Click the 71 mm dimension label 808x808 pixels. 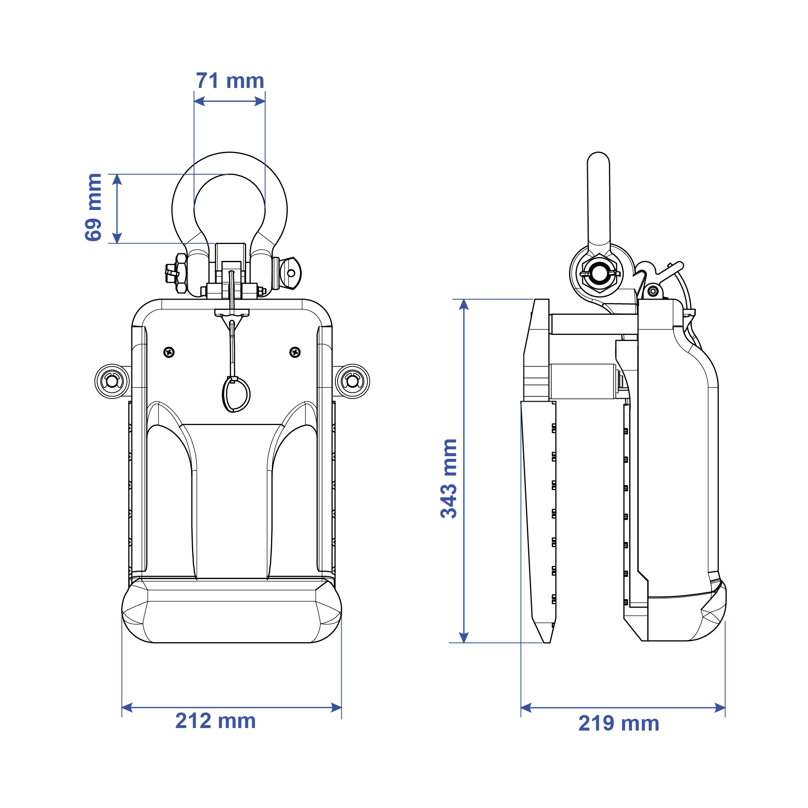[x=230, y=81]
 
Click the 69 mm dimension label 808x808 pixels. [x=93, y=207]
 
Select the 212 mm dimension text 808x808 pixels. [x=215, y=720]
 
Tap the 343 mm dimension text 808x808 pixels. [x=449, y=478]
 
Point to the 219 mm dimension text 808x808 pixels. [x=619, y=723]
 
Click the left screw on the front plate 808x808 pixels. [x=169, y=352]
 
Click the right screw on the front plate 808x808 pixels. [x=295, y=352]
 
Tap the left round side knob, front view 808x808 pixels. [x=112, y=381]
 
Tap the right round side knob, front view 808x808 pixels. [x=352, y=381]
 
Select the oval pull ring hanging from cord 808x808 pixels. [x=236, y=394]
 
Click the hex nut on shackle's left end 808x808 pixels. [x=181, y=274]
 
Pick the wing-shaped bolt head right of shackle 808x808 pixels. [x=290, y=273]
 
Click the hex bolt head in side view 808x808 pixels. [x=599, y=274]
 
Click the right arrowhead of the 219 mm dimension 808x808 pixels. [x=720, y=708]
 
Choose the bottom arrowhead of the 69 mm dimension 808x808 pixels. [x=117, y=238]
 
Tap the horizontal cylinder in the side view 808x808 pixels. [x=582, y=381]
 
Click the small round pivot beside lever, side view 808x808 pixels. [x=653, y=291]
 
